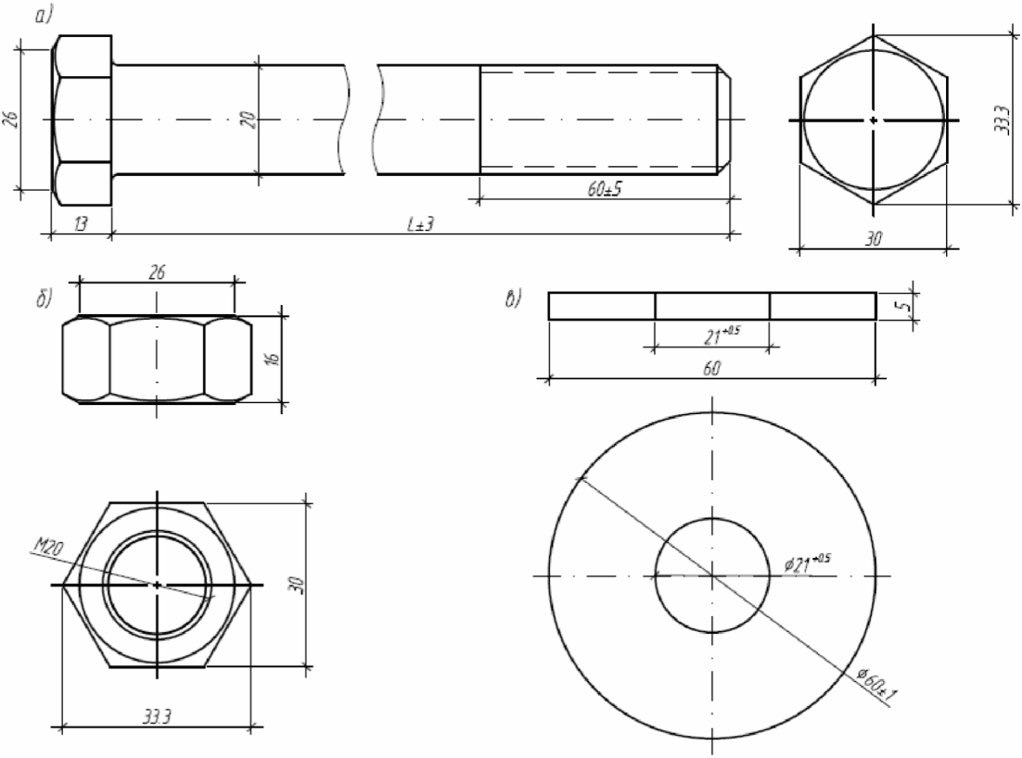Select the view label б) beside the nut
click(x=44, y=300)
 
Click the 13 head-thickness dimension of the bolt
click(x=80, y=224)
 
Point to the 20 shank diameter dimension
click(x=249, y=120)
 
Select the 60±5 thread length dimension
click(x=605, y=189)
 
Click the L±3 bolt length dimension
click(x=420, y=224)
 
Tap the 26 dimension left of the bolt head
click(x=11, y=120)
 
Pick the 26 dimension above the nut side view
click(x=157, y=272)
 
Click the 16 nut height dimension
click(x=273, y=359)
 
